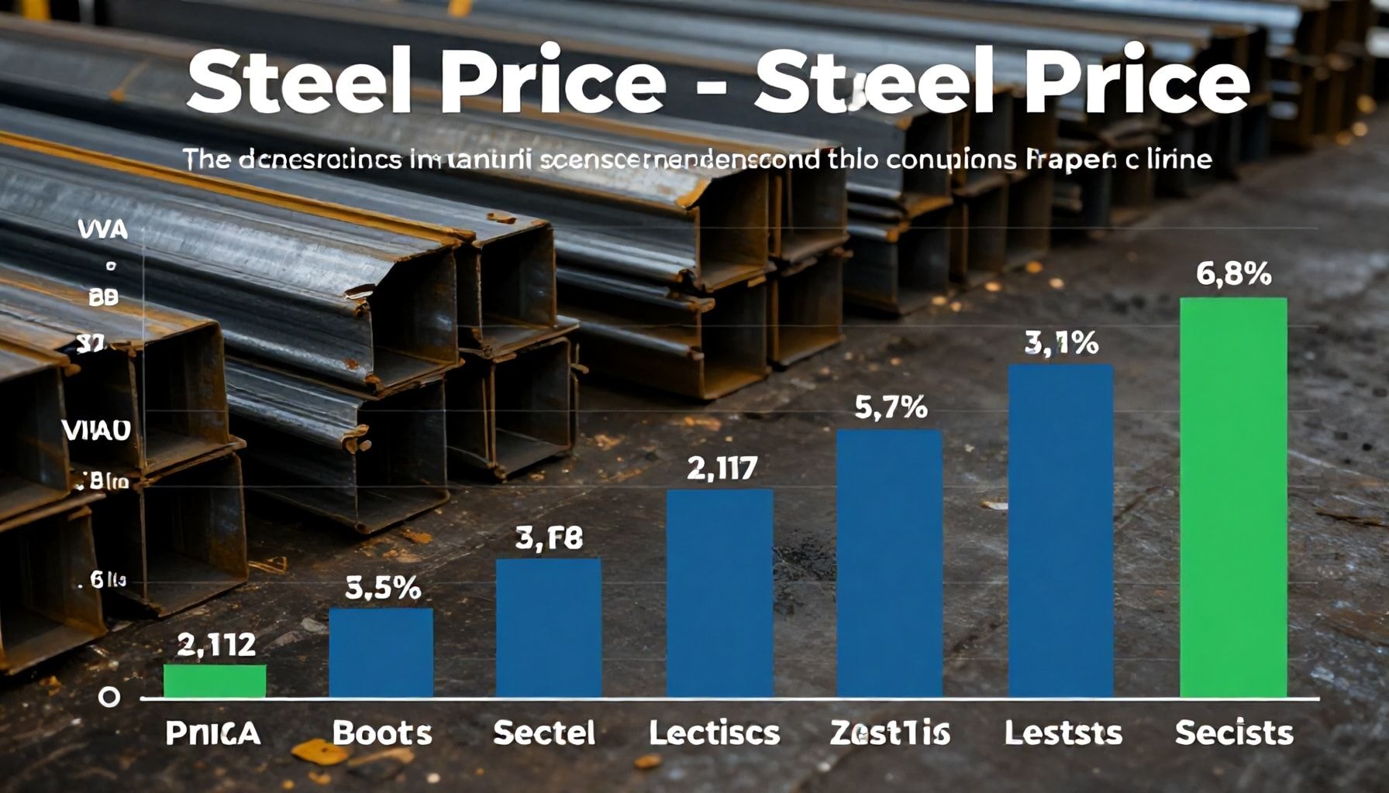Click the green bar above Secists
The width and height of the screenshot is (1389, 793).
pyautogui.click(x=1233, y=497)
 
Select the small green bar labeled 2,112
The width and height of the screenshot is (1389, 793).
pyautogui.click(x=215, y=681)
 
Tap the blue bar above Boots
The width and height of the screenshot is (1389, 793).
pyautogui.click(x=381, y=653)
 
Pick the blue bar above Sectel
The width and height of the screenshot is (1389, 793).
pyautogui.click(x=548, y=628)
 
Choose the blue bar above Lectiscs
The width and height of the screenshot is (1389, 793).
pyautogui.click(x=720, y=593)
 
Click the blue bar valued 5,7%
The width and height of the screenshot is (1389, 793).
pyautogui.click(x=890, y=564)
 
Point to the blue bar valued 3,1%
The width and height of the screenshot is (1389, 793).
pyautogui.click(x=1061, y=531)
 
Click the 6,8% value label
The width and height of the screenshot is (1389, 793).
pyautogui.click(x=1233, y=273)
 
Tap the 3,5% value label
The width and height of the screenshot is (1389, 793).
pyautogui.click(x=382, y=589)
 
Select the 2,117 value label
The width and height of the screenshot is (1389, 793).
pyautogui.click(x=722, y=468)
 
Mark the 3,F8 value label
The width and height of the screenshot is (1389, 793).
pyautogui.click(x=549, y=538)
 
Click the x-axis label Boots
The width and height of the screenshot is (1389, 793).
pyautogui.click(x=381, y=733)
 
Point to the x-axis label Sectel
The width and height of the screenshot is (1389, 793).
pyautogui.click(x=544, y=733)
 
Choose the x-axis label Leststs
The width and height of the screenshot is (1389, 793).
pyautogui.click(x=1063, y=733)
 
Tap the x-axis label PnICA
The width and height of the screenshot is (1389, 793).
pyautogui.click(x=213, y=733)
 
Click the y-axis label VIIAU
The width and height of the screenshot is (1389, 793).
pyautogui.click(x=96, y=431)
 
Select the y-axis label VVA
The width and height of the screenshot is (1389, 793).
pyautogui.click(x=102, y=230)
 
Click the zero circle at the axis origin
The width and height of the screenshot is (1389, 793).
pyautogui.click(x=109, y=697)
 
